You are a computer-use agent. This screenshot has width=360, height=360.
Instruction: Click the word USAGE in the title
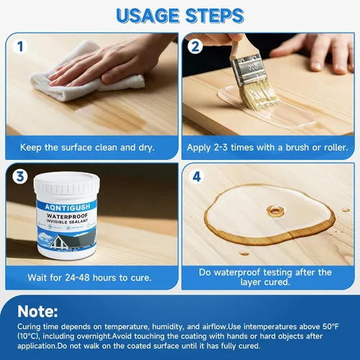point(148,16)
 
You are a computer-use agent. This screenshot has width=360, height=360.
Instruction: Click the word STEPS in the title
point(215,16)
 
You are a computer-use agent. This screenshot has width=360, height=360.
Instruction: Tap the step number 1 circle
point(20,47)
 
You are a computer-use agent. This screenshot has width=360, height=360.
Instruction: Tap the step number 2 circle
point(195,47)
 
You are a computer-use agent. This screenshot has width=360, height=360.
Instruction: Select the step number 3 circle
point(20,176)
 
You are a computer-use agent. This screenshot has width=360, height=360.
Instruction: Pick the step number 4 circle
point(197,177)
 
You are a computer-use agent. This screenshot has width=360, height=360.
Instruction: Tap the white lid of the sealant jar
point(67,185)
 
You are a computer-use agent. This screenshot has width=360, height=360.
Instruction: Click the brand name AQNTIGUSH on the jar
point(68,207)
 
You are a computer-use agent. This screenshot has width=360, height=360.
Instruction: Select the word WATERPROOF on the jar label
point(67,216)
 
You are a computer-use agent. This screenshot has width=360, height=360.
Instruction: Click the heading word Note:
point(37,311)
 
